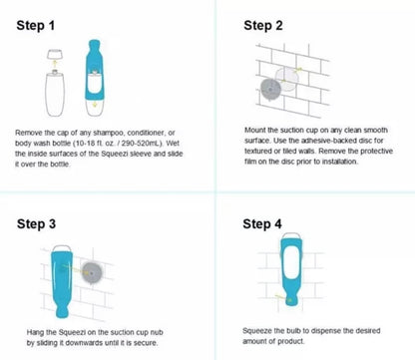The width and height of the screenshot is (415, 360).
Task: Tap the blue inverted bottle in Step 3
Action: tap(63, 278)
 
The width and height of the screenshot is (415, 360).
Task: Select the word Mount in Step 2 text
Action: tap(256, 129)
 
